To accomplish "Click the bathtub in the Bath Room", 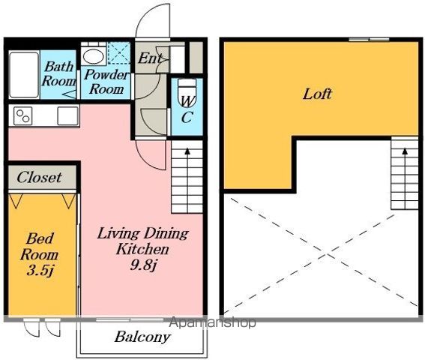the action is [24, 74].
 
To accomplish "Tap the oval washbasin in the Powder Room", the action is [93, 56].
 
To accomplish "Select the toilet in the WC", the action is [187, 92].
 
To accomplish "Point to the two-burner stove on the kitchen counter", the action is [22, 115].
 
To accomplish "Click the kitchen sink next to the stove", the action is [67, 115].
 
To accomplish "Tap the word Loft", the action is [317, 94].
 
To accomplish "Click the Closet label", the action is [39, 177].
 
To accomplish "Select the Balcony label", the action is [142, 337].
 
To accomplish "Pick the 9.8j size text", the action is [143, 265].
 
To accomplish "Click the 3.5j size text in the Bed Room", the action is [40, 271].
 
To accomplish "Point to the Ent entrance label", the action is [150, 58].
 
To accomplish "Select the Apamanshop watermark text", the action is [213, 322].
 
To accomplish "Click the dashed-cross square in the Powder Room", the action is [119, 52].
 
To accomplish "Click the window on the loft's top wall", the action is [369, 40].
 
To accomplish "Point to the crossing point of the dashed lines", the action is [326, 254].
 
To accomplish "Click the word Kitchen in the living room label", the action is [142, 249].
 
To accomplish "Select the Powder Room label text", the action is [106, 82].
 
